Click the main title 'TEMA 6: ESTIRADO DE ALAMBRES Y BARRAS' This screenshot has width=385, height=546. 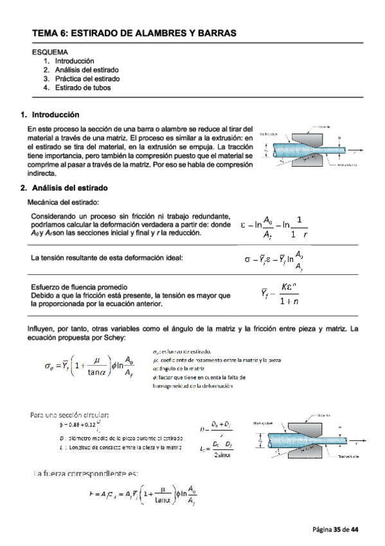(135, 32)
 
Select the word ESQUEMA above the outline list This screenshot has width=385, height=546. (50, 52)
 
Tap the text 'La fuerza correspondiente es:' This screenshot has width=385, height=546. (85, 474)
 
